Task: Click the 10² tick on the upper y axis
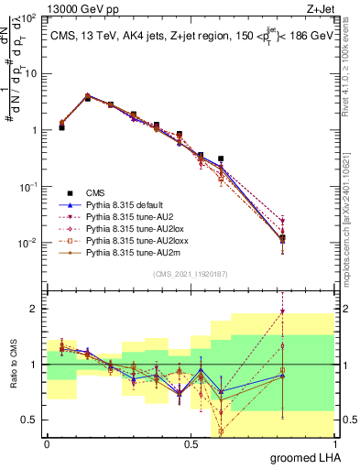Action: tap(30, 17)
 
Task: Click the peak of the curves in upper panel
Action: tap(87, 95)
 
